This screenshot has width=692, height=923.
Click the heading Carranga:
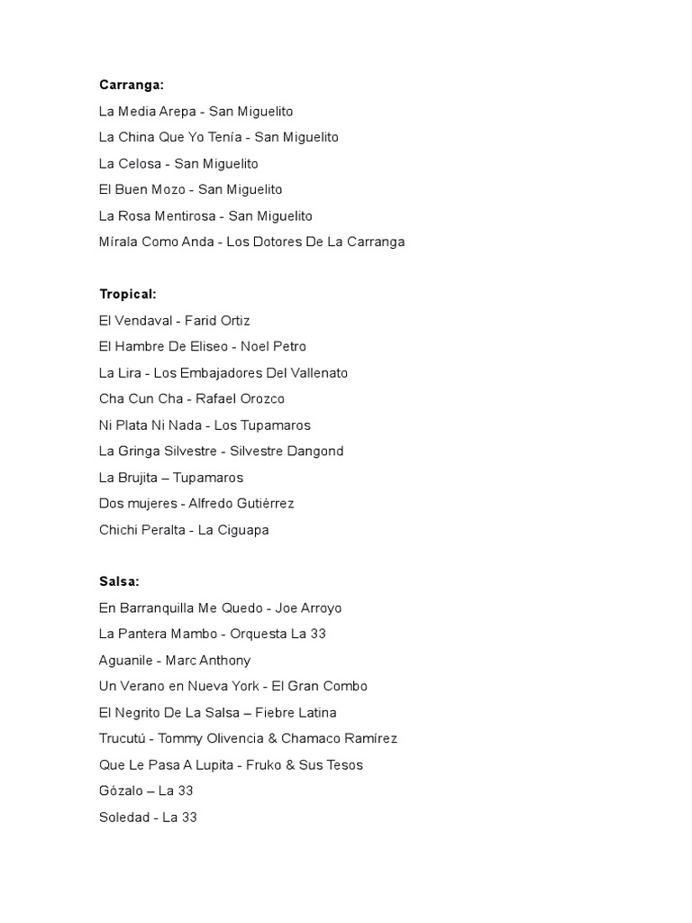132,85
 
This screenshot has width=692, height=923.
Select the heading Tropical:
128,294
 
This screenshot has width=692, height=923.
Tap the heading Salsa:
119,581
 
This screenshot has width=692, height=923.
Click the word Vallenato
316,372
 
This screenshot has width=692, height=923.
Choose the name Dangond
314,451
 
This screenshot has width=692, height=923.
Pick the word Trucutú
123,738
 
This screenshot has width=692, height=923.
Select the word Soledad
123,817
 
